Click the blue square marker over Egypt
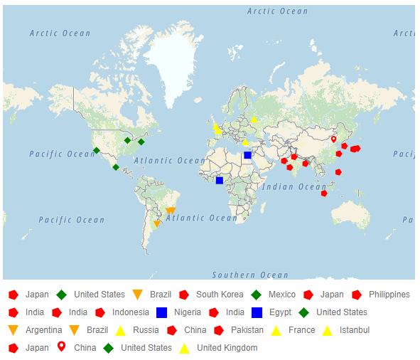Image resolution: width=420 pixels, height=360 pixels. point(247,155)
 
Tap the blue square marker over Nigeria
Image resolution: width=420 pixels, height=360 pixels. point(220,181)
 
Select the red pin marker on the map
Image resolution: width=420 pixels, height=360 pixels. point(333,139)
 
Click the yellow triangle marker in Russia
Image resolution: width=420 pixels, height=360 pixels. point(254,119)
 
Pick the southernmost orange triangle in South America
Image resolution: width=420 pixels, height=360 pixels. point(157,224)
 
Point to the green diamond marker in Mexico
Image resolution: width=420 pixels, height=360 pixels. point(116,168)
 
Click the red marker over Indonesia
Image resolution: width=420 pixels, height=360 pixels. point(324,193)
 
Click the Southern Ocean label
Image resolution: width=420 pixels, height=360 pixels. point(250,275)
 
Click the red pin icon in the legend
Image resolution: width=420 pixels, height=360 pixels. point(61,347)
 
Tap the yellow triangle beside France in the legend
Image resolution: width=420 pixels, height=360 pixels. point(276,330)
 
